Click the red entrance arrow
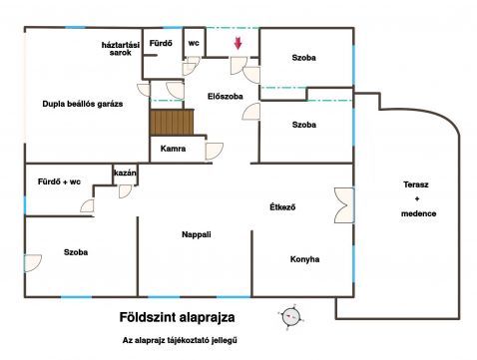(238, 44)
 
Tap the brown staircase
(172, 123)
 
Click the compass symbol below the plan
(291, 317)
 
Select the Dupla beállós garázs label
(83, 104)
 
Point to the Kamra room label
(173, 149)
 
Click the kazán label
(125, 173)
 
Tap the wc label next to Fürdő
(194, 43)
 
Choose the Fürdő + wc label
(59, 181)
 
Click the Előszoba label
(226, 97)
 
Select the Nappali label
(197, 234)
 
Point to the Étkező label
(282, 207)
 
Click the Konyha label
(304, 259)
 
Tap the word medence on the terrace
(418, 213)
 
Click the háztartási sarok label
(121, 49)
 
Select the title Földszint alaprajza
(177, 317)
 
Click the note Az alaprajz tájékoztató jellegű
(180, 340)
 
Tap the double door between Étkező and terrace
(344, 205)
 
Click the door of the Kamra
(215, 152)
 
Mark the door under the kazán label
(126, 191)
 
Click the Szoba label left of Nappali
(76, 252)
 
